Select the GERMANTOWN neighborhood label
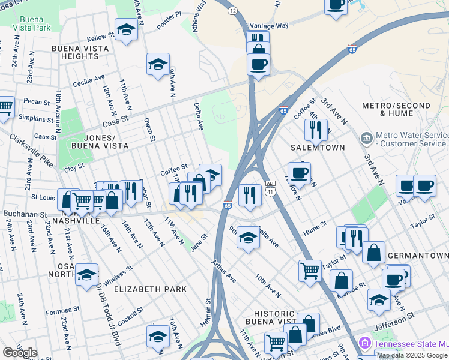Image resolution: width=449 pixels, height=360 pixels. [x=418, y=256]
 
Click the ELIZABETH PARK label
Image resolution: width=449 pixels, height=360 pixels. [x=151, y=289]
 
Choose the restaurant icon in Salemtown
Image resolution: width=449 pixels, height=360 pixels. [x=315, y=128]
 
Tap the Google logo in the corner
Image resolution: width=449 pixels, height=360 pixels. [x=19, y=352]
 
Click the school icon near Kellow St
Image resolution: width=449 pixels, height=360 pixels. [x=126, y=29]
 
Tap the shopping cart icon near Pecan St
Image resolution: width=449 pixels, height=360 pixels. [x=5, y=107]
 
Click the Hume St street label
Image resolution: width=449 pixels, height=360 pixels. [x=314, y=225]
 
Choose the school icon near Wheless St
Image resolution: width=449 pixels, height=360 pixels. [x=86, y=274]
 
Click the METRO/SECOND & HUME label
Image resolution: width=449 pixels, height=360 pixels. [x=396, y=110]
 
